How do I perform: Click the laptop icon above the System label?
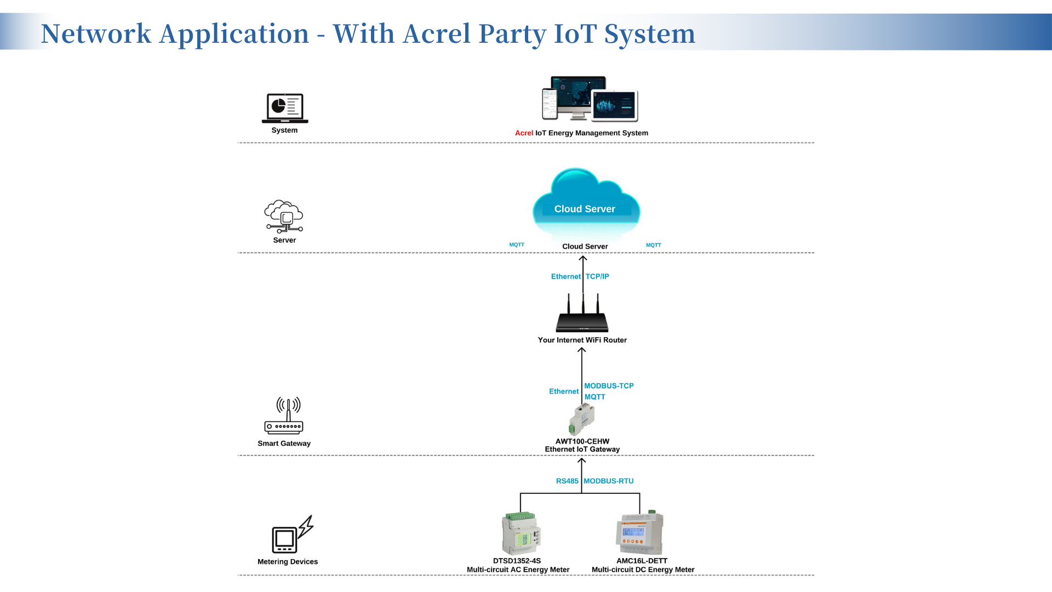285,108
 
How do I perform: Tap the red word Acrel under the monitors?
524,133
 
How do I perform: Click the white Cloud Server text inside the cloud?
585,209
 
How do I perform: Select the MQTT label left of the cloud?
517,245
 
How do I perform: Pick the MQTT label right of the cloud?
653,245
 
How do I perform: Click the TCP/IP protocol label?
597,277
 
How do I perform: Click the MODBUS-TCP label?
609,386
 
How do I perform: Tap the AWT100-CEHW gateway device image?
582,419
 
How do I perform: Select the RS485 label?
567,481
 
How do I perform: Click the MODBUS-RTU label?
608,481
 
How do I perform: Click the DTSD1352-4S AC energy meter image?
521,533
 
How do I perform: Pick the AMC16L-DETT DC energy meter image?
639,533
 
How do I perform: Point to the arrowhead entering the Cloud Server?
583,258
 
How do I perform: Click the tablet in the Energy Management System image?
615,105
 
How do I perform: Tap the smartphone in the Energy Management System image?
550,104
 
